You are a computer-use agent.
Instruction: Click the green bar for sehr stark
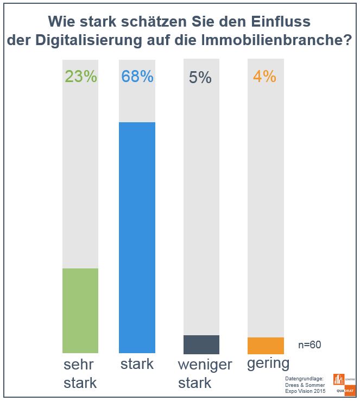tap(80, 310)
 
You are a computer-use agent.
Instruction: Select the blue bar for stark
tap(137, 237)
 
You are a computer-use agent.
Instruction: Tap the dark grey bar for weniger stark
tap(201, 344)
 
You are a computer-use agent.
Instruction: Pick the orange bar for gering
tap(266, 345)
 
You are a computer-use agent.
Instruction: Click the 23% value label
tap(80, 77)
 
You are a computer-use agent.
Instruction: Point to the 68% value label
tap(137, 77)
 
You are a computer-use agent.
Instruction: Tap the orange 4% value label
tap(264, 77)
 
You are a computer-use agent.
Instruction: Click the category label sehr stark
tap(80, 373)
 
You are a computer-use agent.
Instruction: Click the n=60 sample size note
tap(310, 344)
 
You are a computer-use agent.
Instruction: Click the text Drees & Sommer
tap(305, 385)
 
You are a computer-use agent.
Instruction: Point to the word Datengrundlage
tap(304, 378)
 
